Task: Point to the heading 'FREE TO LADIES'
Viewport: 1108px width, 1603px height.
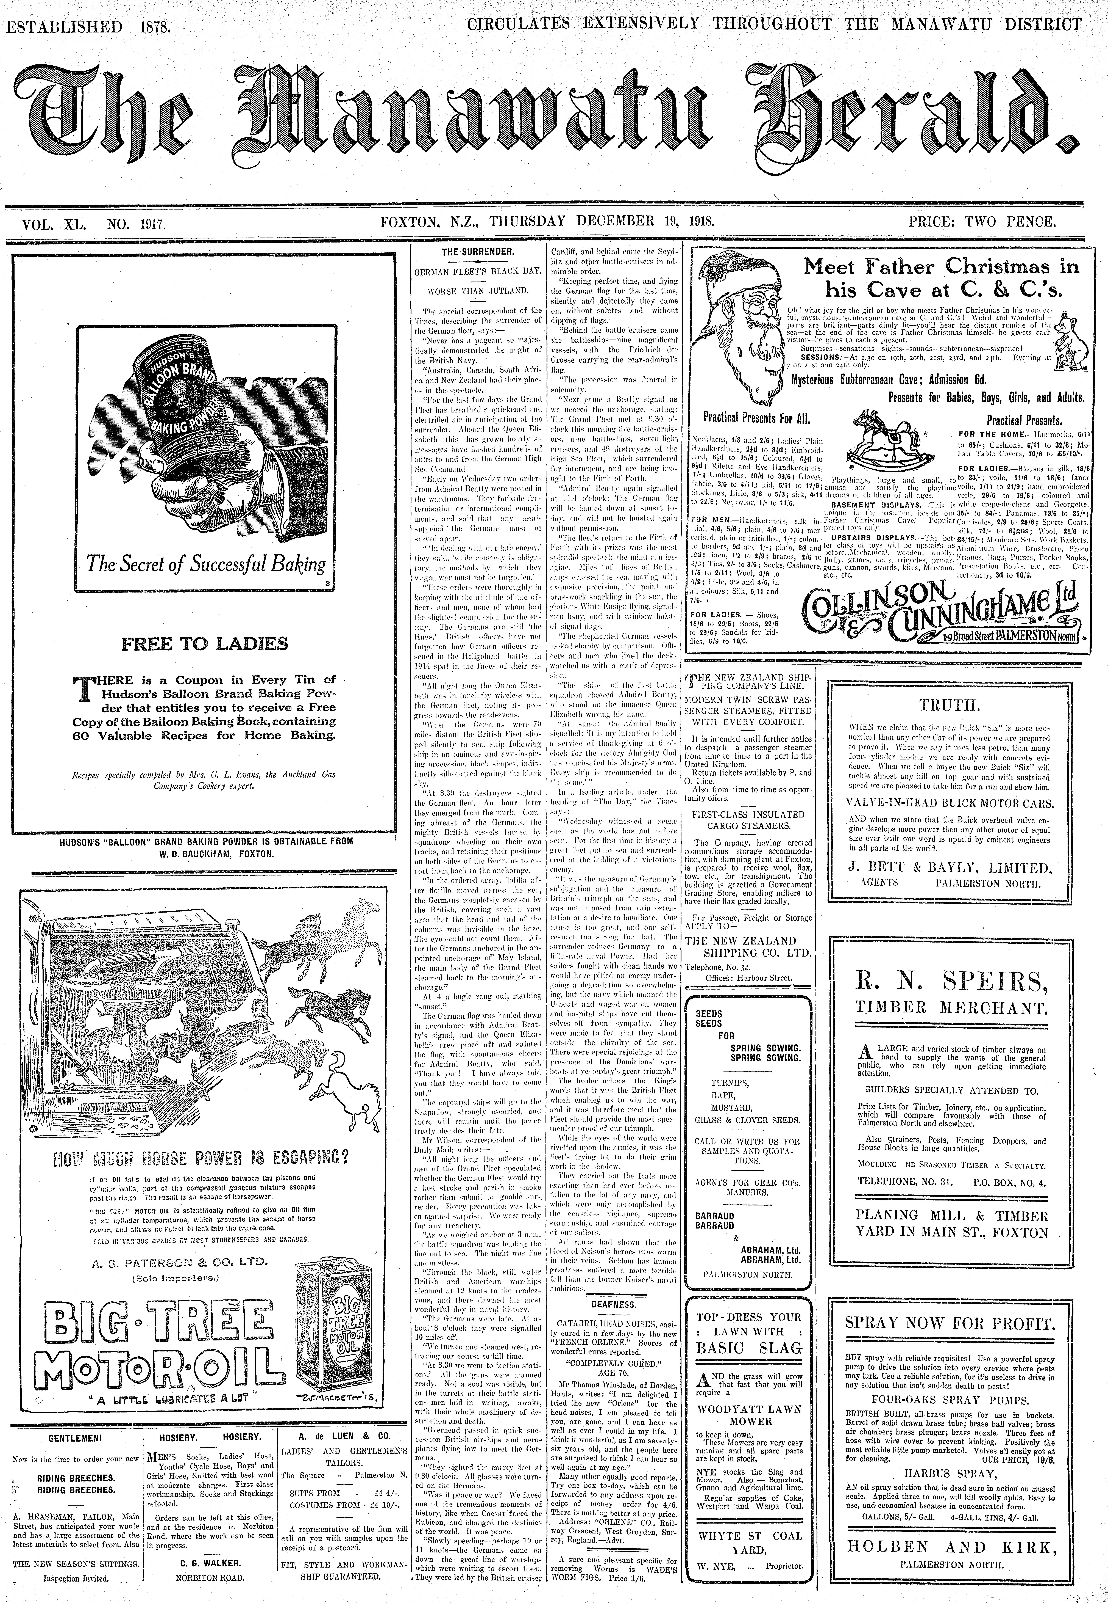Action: click(x=205, y=644)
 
